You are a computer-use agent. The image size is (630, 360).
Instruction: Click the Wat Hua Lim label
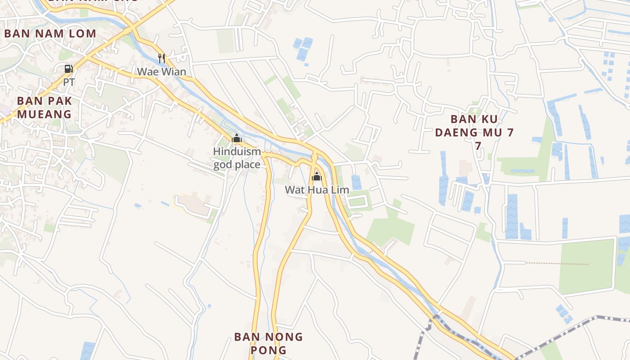click(317, 190)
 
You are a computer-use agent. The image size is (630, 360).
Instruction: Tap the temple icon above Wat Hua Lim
click(317, 176)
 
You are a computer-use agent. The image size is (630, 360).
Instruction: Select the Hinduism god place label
click(237, 158)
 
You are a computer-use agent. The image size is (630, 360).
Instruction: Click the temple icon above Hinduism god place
click(237, 139)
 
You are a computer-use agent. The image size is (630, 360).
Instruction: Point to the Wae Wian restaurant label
click(162, 72)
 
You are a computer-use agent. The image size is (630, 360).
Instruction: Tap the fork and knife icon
click(162, 58)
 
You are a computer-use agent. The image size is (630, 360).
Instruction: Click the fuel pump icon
click(68, 69)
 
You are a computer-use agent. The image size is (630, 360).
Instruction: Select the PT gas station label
click(69, 83)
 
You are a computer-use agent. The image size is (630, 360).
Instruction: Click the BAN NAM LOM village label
click(50, 33)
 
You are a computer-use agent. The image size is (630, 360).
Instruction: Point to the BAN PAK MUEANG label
click(45, 107)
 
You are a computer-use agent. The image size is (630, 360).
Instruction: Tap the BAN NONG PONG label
click(269, 343)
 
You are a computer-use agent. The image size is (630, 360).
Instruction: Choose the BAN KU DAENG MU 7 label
click(481, 132)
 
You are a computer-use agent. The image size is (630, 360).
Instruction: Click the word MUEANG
click(45, 114)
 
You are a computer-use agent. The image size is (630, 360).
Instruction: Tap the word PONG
click(269, 350)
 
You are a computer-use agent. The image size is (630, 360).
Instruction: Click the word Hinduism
click(237, 152)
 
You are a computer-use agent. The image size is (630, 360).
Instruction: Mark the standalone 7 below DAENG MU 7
click(478, 146)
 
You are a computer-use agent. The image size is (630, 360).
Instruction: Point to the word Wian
click(174, 72)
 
